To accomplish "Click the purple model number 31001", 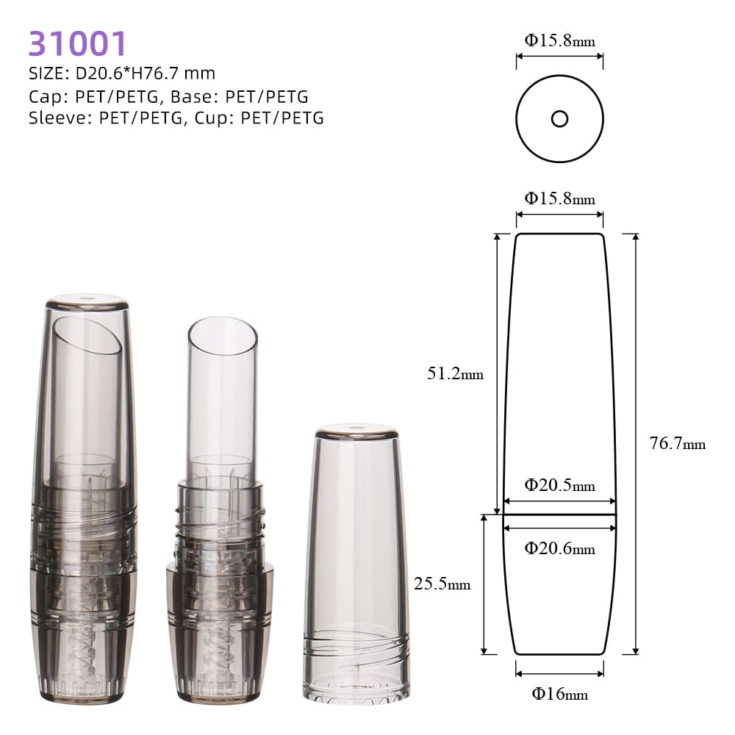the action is click(77, 43).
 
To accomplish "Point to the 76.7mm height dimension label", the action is click(678, 443).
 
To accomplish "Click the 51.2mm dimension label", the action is click(455, 373).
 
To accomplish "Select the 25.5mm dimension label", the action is click(442, 584).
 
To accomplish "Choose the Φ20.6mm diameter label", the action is click(559, 548).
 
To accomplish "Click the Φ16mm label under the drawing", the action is click(559, 694).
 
